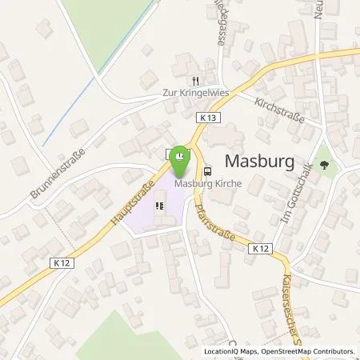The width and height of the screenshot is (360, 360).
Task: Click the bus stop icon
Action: pos(208,170)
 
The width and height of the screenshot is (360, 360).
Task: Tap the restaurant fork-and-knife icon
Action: pos(194,81)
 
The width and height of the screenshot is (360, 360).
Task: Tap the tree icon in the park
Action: pos(324,167)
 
